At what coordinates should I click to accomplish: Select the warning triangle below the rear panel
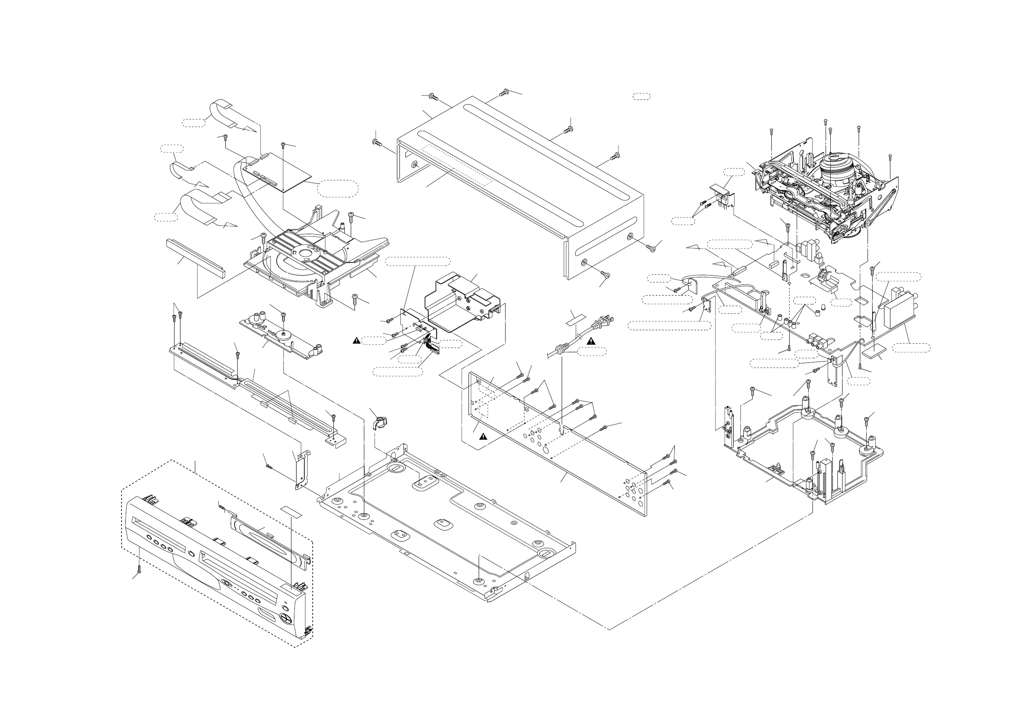pos(483,436)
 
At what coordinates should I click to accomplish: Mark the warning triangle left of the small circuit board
pos(357,340)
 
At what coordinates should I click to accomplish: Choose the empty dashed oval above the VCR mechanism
pos(641,96)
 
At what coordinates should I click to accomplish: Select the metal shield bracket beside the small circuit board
pos(461,299)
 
